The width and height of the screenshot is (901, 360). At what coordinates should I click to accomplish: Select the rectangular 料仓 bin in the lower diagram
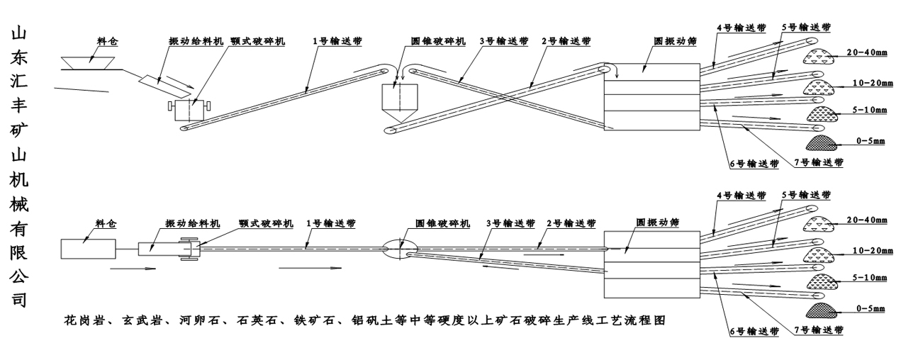pos(89,249)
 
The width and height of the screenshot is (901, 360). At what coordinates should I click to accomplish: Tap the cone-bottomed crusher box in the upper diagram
pos(399,100)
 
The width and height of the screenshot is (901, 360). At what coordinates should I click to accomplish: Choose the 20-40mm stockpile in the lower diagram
pos(821,225)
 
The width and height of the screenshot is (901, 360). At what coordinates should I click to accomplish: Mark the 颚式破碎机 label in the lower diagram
pos(266,223)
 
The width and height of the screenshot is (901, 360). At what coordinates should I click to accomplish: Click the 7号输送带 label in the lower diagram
pos(817,330)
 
